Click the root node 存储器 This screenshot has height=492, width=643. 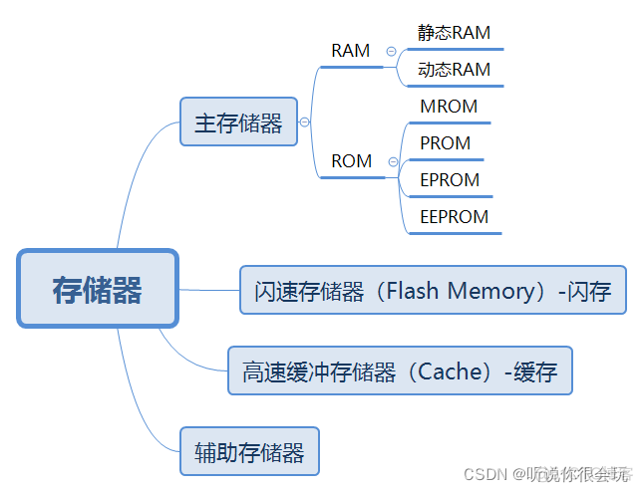[98, 289]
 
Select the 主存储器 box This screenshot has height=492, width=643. [238, 123]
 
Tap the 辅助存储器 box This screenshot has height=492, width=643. [248, 452]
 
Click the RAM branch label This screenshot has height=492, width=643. [350, 51]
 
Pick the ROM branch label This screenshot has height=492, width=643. [351, 161]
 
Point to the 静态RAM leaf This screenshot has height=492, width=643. [454, 33]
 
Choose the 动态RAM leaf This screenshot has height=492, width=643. [454, 70]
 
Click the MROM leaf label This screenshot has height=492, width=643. [449, 107]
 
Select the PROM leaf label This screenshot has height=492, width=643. [445, 143]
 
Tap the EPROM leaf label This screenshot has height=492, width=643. [450, 180]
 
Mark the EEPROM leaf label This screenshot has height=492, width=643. [455, 217]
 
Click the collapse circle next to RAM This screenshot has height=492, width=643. [391, 51]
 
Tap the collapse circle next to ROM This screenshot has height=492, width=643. [393, 161]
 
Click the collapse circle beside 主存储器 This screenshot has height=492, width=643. [305, 123]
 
